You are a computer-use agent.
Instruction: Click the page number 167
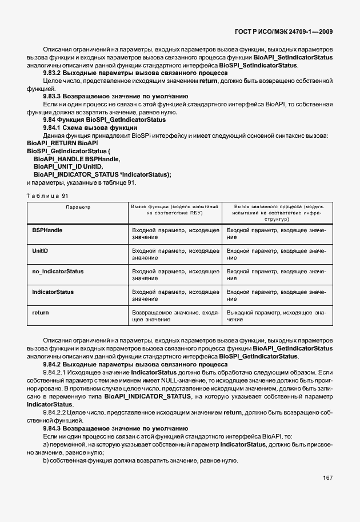click(327, 477)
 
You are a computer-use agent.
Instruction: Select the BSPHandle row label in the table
click(47, 230)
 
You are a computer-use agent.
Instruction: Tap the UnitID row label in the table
click(40, 250)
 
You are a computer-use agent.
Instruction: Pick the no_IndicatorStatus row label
click(58, 271)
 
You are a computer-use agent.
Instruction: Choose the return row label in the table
click(40, 312)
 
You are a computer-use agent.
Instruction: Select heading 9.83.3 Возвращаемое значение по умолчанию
click(115, 97)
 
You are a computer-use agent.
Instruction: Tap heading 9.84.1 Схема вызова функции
click(94, 127)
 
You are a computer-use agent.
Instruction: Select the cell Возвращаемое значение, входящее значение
click(175, 316)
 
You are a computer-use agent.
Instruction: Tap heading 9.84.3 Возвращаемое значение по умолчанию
click(115, 428)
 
